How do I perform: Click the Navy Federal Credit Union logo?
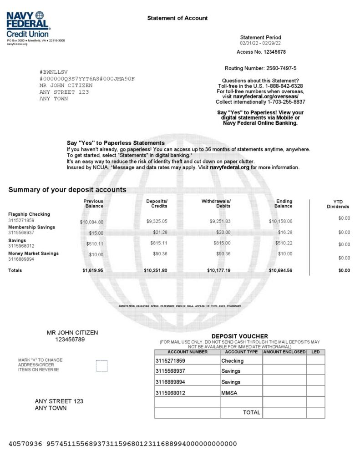[x=28, y=25]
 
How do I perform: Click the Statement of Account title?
[x=177, y=18]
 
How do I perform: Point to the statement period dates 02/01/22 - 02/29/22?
[x=260, y=43]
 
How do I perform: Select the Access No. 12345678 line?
[x=261, y=52]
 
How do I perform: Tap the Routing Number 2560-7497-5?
[x=260, y=68]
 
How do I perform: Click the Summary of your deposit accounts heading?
[x=67, y=190]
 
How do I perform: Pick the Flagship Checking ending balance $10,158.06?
[x=280, y=221]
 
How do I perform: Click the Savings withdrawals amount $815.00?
[x=222, y=243]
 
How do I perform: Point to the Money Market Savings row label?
[x=33, y=253]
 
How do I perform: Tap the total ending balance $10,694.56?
[x=280, y=270]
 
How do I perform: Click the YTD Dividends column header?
[x=338, y=204]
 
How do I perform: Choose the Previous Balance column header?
[x=93, y=204]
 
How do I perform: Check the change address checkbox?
[x=102, y=366]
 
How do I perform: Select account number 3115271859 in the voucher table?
[x=170, y=361]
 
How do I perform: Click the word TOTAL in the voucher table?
[x=252, y=413]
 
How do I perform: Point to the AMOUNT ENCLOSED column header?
[x=284, y=352]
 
